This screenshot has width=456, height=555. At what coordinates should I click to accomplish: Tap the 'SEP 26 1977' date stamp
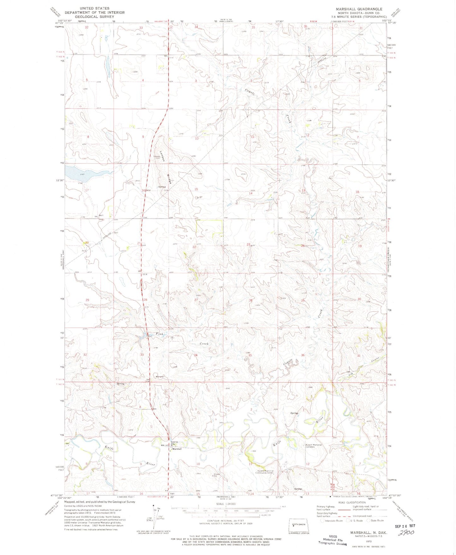[x=405, y=526]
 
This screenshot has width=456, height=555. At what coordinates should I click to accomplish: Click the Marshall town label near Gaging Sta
[x=177, y=449]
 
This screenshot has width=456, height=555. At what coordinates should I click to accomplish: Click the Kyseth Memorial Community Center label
[x=264, y=472]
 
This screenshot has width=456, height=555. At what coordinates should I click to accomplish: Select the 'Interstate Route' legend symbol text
[x=334, y=521]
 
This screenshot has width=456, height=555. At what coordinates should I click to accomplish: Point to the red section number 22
[x=194, y=247]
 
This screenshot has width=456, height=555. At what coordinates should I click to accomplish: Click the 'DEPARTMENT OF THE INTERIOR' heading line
[x=95, y=13]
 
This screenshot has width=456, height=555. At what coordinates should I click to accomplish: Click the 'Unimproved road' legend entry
[x=362, y=516]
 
